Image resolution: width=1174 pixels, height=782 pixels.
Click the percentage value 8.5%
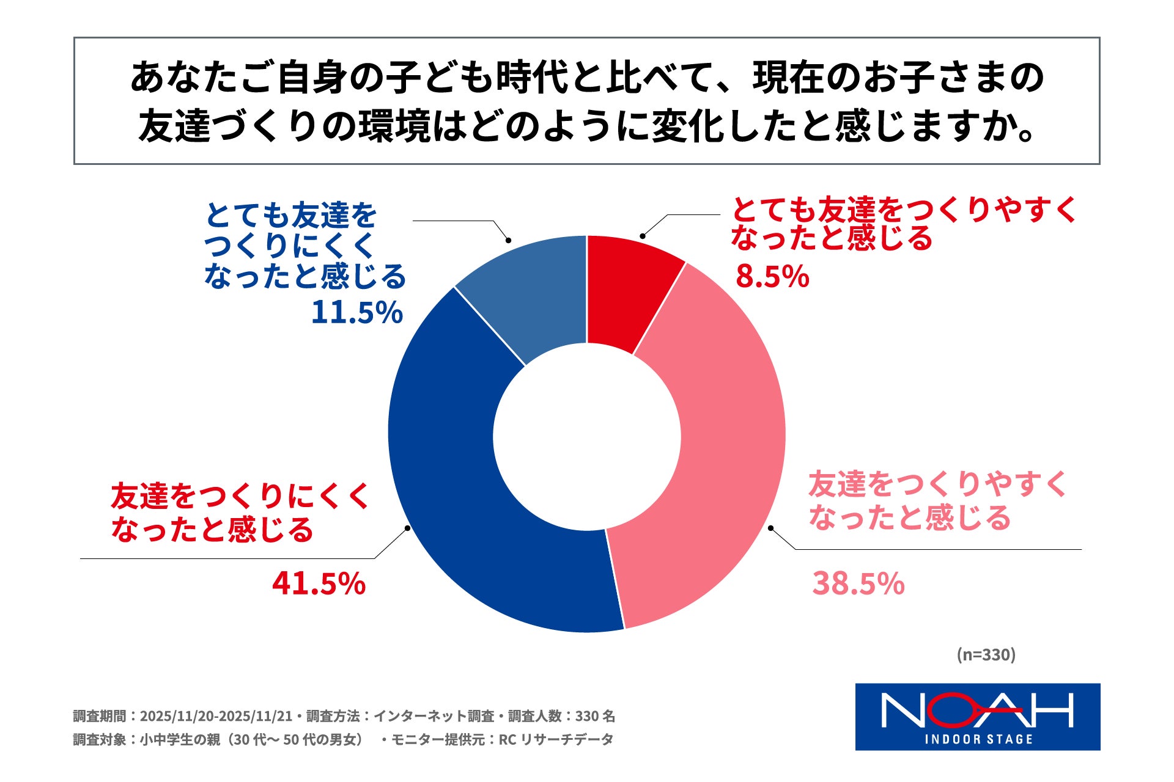(772, 276)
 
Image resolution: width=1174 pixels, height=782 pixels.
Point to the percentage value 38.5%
(858, 583)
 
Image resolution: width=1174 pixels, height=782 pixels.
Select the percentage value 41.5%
(319, 583)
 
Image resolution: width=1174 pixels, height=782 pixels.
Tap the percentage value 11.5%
(356, 312)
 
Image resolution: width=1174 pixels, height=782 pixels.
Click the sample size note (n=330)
(986, 654)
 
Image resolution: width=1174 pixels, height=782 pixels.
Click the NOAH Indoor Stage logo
(977, 716)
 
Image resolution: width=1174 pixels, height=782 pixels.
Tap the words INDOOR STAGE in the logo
(978, 739)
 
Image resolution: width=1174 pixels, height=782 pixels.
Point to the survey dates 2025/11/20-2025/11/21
(216, 716)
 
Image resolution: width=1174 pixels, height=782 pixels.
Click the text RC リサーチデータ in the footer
(556, 739)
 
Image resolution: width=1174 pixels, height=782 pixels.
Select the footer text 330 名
(595, 716)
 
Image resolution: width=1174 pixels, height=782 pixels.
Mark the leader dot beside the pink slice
(771, 528)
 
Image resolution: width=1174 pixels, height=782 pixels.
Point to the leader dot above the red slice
(642, 236)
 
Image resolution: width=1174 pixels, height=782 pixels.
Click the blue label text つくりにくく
(289, 246)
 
